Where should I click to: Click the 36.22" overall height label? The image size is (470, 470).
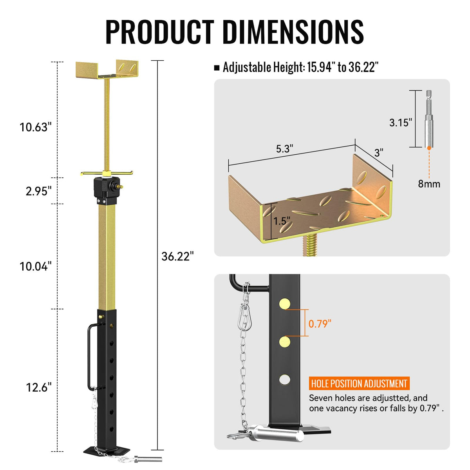point(177,256)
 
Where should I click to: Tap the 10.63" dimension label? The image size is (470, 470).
point(36,127)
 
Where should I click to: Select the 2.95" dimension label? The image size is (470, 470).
point(39,191)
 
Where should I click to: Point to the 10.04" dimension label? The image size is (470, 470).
point(36,266)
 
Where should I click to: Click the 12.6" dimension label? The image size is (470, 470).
point(39,387)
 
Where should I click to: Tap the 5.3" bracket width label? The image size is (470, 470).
point(284,148)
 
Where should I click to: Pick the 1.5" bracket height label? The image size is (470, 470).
point(282,221)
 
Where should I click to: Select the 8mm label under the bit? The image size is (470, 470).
point(429,184)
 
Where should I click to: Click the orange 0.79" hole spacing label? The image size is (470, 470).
point(320,324)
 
